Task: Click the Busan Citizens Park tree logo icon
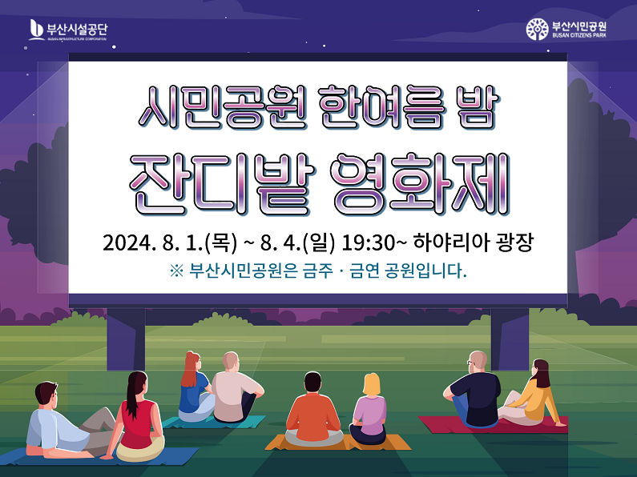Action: tap(537, 29)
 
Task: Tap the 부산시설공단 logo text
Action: tap(77, 29)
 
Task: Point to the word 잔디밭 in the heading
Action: tap(222, 185)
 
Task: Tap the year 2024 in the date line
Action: tap(127, 243)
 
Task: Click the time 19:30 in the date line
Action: tap(368, 243)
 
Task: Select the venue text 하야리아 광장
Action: tap(474, 243)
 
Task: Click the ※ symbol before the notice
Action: tap(177, 271)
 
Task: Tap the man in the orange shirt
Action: tap(313, 410)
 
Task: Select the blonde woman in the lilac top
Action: tap(369, 410)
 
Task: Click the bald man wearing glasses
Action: tap(473, 390)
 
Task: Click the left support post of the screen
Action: tap(126, 339)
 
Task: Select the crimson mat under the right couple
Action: tap(493, 425)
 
